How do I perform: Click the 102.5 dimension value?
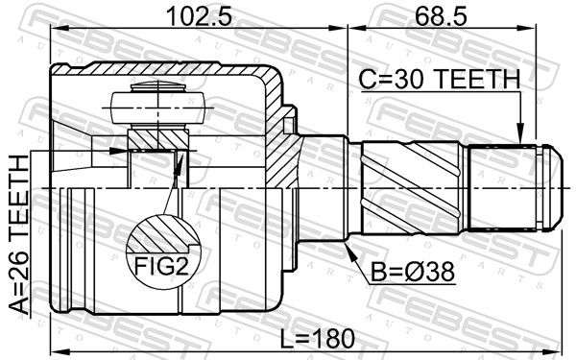click(x=199, y=16)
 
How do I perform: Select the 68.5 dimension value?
click(x=441, y=16)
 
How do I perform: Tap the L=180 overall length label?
click(x=318, y=339)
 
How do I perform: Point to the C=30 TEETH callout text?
click(x=440, y=80)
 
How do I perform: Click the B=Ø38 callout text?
click(x=413, y=272)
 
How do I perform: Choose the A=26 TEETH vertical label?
click(x=18, y=235)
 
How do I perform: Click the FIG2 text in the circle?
click(x=161, y=266)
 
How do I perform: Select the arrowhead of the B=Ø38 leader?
click(x=350, y=252)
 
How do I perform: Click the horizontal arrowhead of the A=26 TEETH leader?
click(x=118, y=151)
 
